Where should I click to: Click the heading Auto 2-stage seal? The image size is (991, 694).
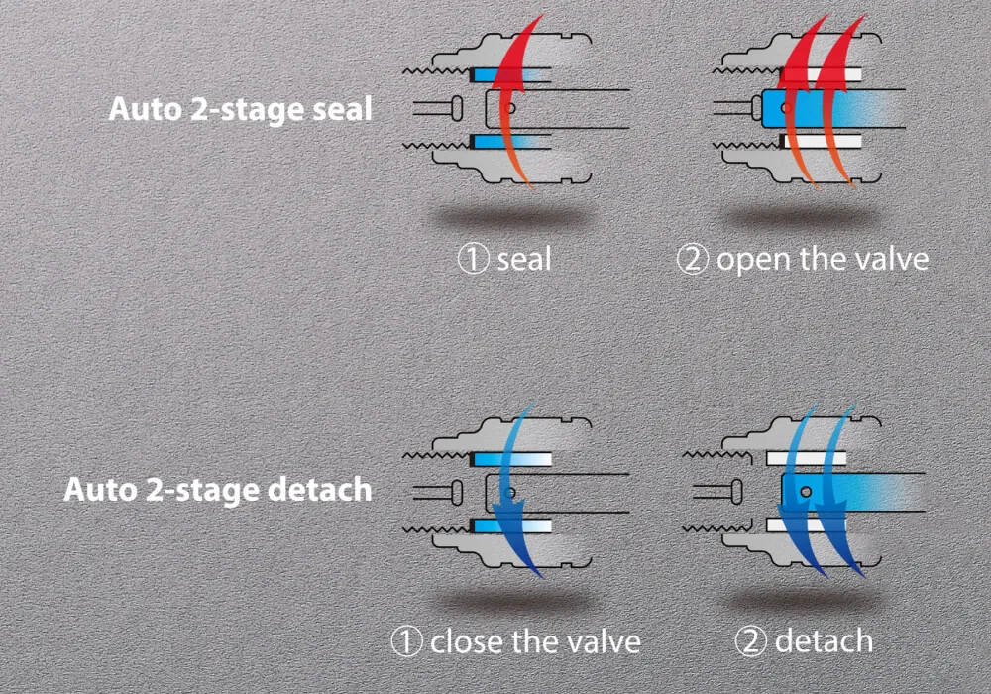[240, 108]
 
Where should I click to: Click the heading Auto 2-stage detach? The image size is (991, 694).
[218, 489]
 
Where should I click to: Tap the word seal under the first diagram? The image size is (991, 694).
[523, 260]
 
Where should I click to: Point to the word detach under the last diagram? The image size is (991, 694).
[824, 641]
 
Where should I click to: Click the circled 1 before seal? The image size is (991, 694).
[472, 260]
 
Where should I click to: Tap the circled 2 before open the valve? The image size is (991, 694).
[692, 260]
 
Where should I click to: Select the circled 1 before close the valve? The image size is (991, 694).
[405, 641]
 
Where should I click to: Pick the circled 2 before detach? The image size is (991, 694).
[750, 641]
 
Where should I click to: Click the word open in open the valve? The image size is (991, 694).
[751, 261]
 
